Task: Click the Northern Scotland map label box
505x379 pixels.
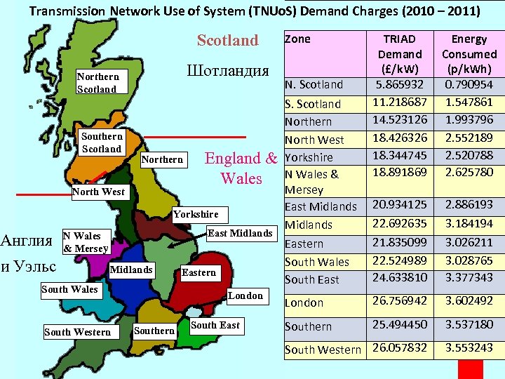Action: pyautogui.click(x=97, y=83)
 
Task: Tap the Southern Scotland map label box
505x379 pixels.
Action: pyautogui.click(x=102, y=142)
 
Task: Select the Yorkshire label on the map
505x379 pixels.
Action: pyautogui.click(x=196, y=214)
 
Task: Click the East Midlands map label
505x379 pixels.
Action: pyautogui.click(x=241, y=233)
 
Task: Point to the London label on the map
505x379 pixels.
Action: pyautogui.click(x=245, y=296)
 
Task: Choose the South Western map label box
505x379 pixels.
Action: pyautogui.click(x=77, y=332)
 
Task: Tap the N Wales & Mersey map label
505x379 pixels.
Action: pyautogui.click(x=86, y=242)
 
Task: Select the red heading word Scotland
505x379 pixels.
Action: pyautogui.click(x=228, y=41)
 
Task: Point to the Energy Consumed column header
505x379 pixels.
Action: pyautogui.click(x=469, y=53)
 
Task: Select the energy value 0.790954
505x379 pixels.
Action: pyautogui.click(x=469, y=84)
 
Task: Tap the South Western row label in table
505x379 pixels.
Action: pyautogui.click(x=323, y=350)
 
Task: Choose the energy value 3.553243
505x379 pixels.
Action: pyautogui.click(x=469, y=347)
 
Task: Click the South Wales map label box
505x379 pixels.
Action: pyautogui.click(x=69, y=289)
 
